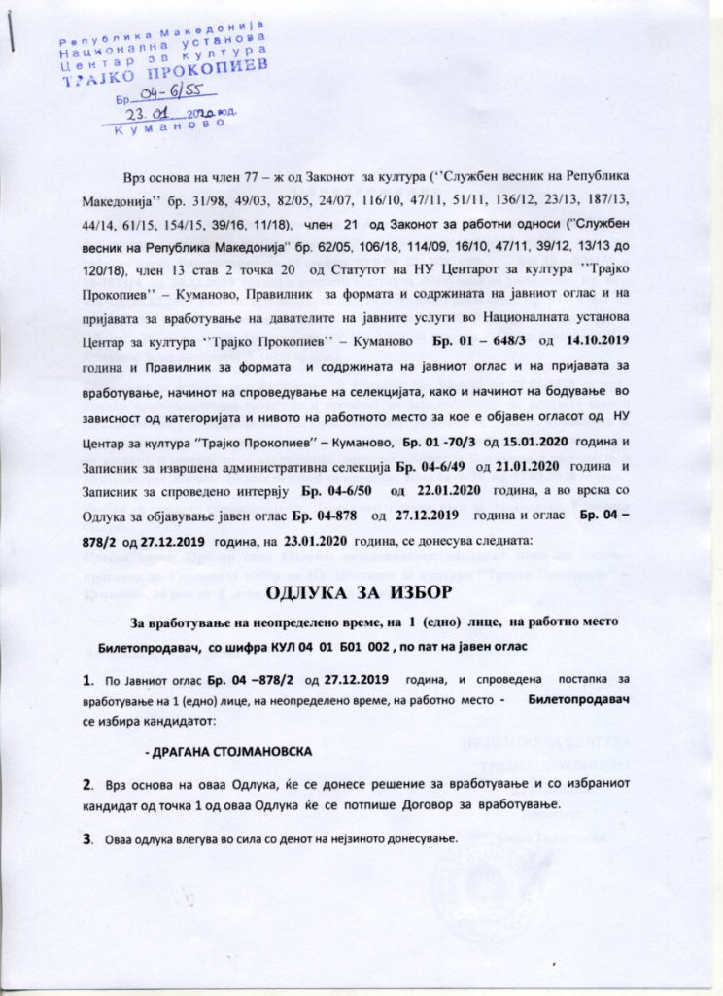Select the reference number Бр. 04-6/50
[x=335, y=493]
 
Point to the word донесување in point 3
[x=400, y=838]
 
